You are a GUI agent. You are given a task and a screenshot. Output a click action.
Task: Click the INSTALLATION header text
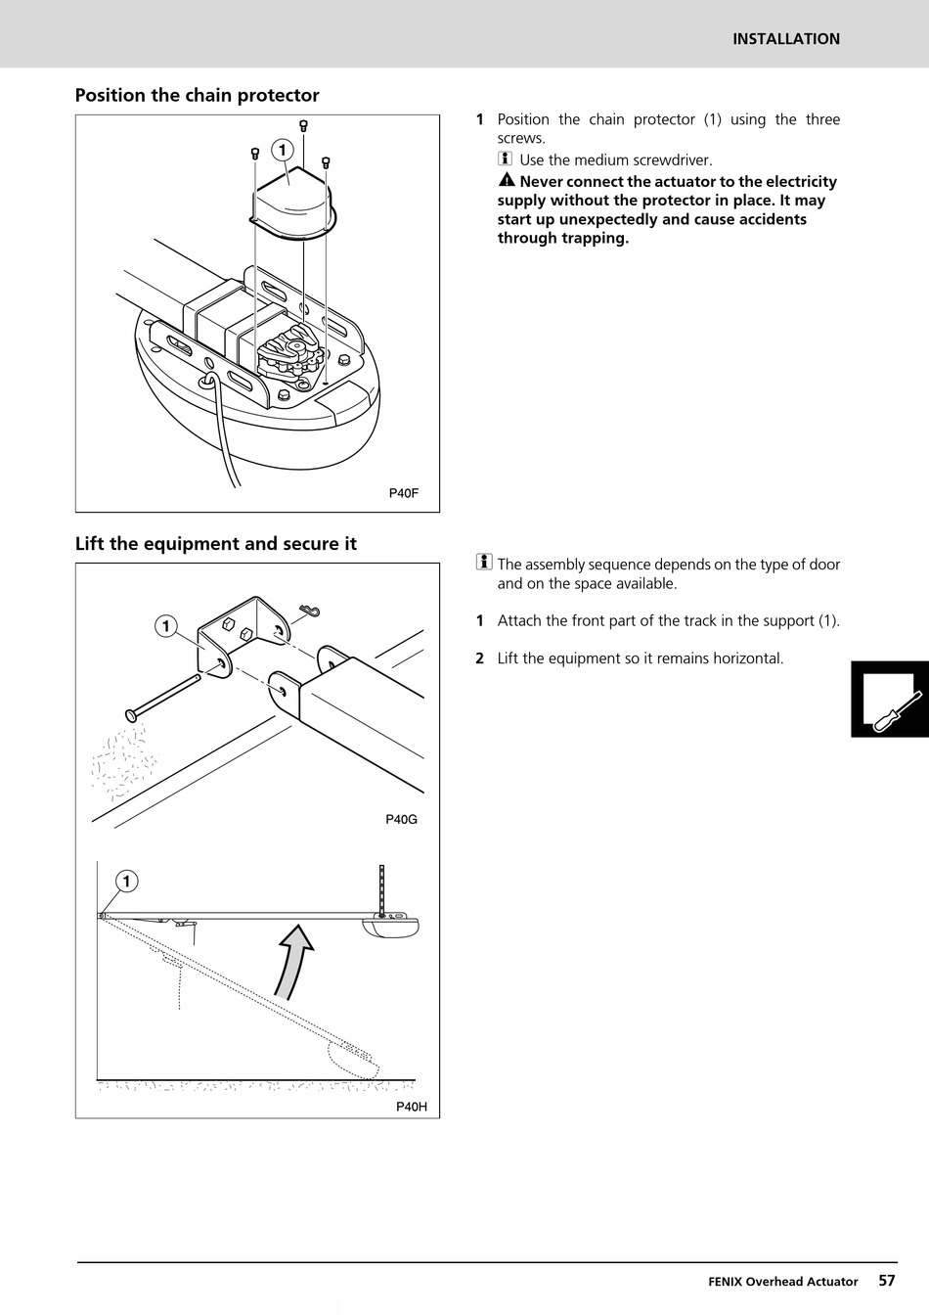point(786,39)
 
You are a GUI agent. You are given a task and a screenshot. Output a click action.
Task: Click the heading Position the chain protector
point(197,95)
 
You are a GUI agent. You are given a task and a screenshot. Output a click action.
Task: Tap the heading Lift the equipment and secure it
point(215,543)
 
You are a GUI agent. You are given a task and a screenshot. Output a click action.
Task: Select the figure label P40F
point(404,493)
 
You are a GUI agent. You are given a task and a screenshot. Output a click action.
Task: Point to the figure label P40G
point(401,819)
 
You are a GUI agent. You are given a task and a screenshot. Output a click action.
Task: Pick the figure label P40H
point(412,1107)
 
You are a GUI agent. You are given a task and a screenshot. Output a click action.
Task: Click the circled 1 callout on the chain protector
point(282,150)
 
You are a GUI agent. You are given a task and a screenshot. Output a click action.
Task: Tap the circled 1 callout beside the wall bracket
point(166,626)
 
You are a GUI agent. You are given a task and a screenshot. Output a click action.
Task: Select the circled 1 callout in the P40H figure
point(126,882)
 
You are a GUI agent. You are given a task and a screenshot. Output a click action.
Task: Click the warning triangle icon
point(506,181)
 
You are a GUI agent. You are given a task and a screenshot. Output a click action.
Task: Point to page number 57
point(886,1280)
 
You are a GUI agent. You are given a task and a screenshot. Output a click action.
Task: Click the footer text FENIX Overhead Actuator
point(782,1281)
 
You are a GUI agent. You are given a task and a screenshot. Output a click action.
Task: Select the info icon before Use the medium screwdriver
point(505,159)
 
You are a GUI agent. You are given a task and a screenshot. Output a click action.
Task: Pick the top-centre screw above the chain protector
point(304,125)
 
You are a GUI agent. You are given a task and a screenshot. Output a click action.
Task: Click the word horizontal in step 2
point(747,658)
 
